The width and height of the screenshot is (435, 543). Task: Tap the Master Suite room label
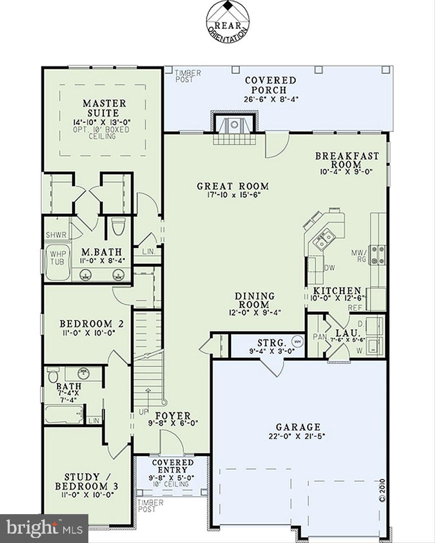pos(104,108)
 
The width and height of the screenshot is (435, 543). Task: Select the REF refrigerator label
pos(354,308)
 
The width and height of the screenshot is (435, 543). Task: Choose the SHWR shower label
pos(56,235)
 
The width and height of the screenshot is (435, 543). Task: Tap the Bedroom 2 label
pos(91,324)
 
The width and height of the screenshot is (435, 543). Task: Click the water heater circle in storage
pos(297,341)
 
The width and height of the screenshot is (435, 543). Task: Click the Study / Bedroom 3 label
pos(87,481)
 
